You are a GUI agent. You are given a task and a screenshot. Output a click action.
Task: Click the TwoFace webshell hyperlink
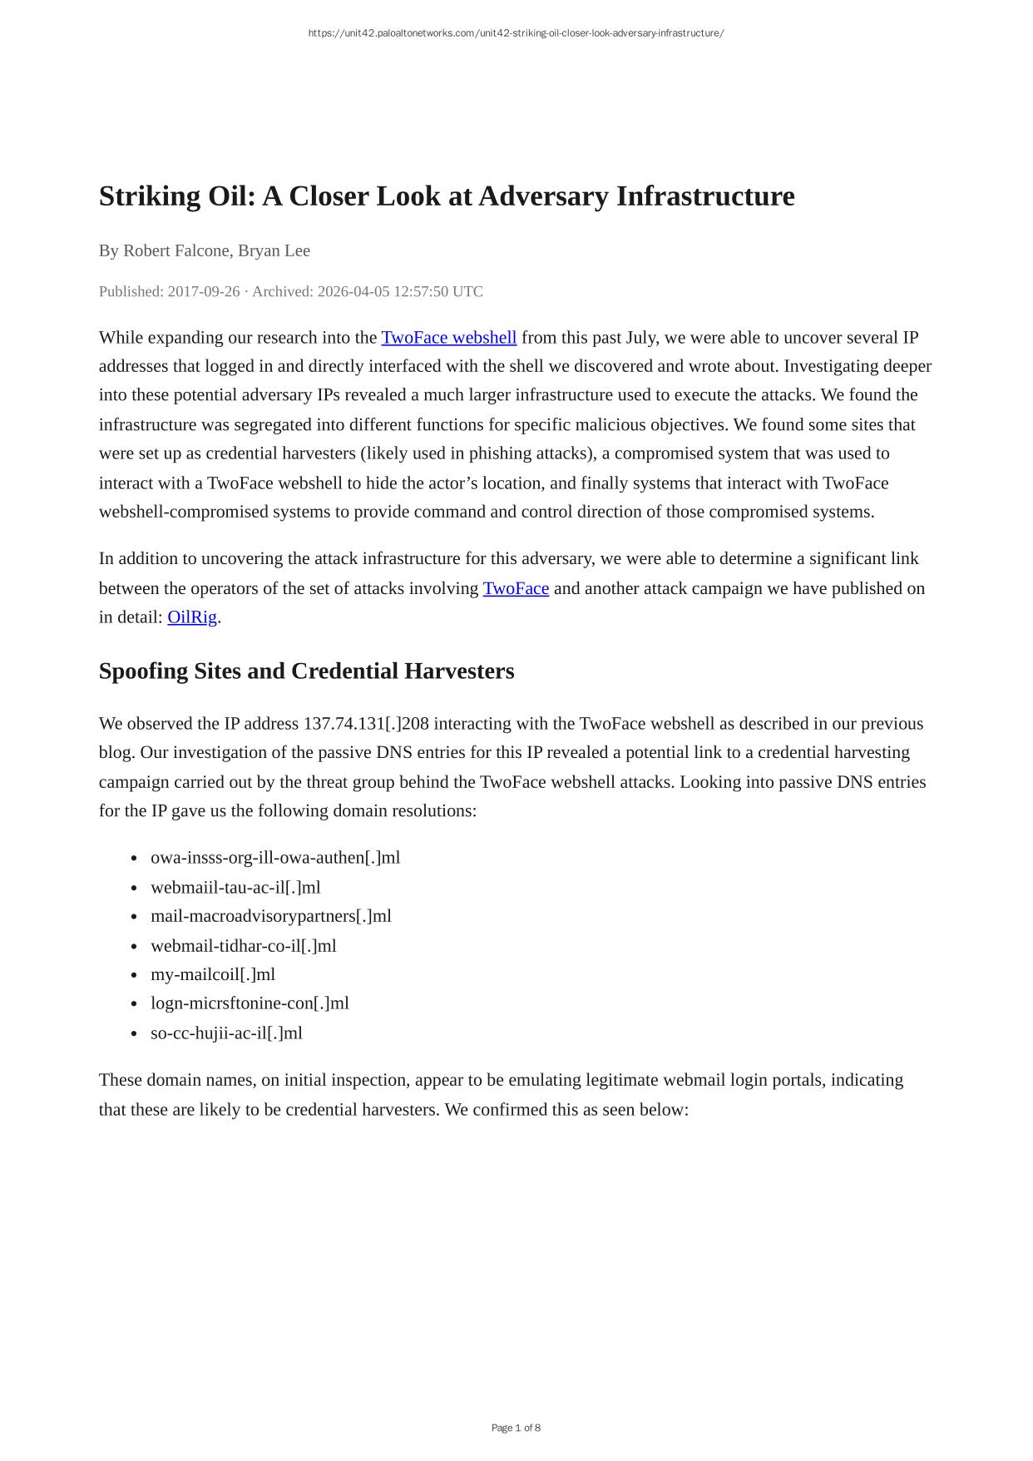coord(448,338)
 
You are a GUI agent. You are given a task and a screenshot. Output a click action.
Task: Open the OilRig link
coord(192,617)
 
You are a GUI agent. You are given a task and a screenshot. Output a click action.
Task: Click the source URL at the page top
coord(516,33)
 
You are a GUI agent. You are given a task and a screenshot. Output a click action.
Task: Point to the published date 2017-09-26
coord(204,291)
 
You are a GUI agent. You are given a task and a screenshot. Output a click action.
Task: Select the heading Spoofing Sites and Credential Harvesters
coord(306,671)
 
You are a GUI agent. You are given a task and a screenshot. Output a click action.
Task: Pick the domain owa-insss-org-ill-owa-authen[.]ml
coord(275,858)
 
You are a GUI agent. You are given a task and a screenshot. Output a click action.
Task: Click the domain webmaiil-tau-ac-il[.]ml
coord(235,888)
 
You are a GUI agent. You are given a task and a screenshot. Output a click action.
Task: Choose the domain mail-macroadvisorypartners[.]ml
coord(271,916)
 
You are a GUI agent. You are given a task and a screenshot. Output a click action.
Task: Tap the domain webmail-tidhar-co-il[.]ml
coord(244,946)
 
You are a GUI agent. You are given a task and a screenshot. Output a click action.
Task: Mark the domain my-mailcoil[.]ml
coord(213,974)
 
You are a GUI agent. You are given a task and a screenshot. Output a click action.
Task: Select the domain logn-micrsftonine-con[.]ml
coord(250,1003)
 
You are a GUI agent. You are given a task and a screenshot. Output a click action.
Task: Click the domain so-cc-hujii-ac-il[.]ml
coord(226,1033)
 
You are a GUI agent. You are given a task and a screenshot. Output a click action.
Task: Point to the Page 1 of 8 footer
coord(516,1428)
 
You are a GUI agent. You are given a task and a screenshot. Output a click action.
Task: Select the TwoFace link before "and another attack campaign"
coord(516,589)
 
